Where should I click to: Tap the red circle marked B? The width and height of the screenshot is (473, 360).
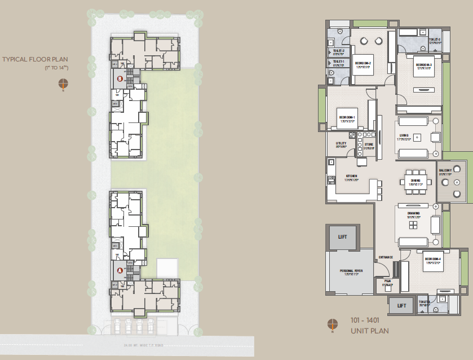pyautogui.click(x=120, y=80)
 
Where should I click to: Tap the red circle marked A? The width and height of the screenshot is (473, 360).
pyautogui.click(x=120, y=271)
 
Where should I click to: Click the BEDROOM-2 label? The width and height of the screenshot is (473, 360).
pyautogui.click(x=363, y=64)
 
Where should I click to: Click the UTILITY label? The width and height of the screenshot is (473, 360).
pyautogui.click(x=341, y=144)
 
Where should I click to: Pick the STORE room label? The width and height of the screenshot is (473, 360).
pyautogui.click(x=368, y=144)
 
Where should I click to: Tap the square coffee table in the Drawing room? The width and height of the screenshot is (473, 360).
pyautogui.click(x=414, y=225)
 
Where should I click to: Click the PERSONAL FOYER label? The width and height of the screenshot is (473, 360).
pyautogui.click(x=351, y=271)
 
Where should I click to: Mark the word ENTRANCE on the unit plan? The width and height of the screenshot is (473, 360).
pyautogui.click(x=386, y=257)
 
